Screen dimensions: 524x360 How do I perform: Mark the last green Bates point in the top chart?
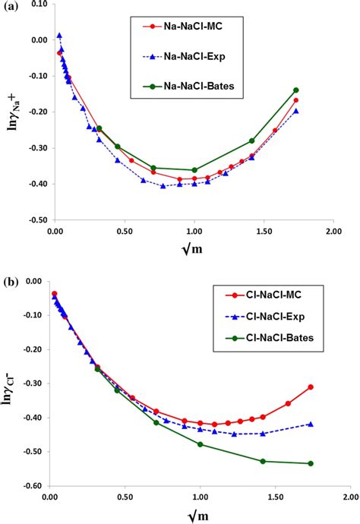click(x=296, y=90)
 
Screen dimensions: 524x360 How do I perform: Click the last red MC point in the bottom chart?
click(x=311, y=387)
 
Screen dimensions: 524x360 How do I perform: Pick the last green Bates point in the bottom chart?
click(x=311, y=463)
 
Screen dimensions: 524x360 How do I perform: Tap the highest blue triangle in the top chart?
click(x=59, y=36)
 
